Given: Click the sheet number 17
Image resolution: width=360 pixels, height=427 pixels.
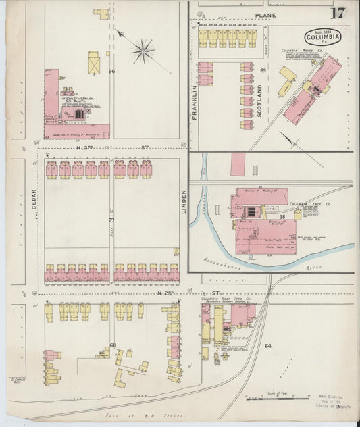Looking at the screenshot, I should tap(337, 14).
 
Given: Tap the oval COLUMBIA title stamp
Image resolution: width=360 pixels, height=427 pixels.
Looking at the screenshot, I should tap(323, 36).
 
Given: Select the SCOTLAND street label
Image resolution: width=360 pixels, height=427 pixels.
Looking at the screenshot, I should tap(259, 101).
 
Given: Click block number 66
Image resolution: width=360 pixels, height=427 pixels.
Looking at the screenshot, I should tap(111, 70).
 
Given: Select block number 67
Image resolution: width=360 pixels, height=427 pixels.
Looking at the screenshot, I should tap(111, 220).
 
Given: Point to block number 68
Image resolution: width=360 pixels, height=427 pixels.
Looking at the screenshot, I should tap(113, 345).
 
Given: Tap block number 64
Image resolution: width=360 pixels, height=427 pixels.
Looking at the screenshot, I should tap(267, 345).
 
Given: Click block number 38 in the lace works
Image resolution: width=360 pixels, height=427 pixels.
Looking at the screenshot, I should tap(281, 216).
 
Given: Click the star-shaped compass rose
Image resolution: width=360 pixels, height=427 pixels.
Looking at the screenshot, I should tap(143, 49).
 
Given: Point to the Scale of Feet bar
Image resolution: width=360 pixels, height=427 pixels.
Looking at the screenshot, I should tap(271, 398).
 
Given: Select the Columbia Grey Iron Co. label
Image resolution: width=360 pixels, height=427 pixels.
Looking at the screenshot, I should tap(226, 298).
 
